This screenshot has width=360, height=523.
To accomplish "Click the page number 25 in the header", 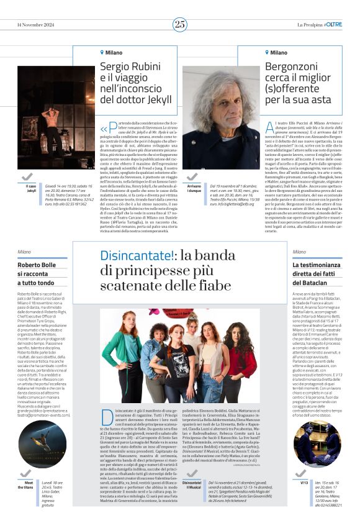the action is tap(180, 24).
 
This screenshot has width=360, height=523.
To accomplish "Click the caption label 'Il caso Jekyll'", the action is tap(31, 189).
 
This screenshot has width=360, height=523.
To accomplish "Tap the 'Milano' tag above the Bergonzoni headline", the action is tap(277, 53).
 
